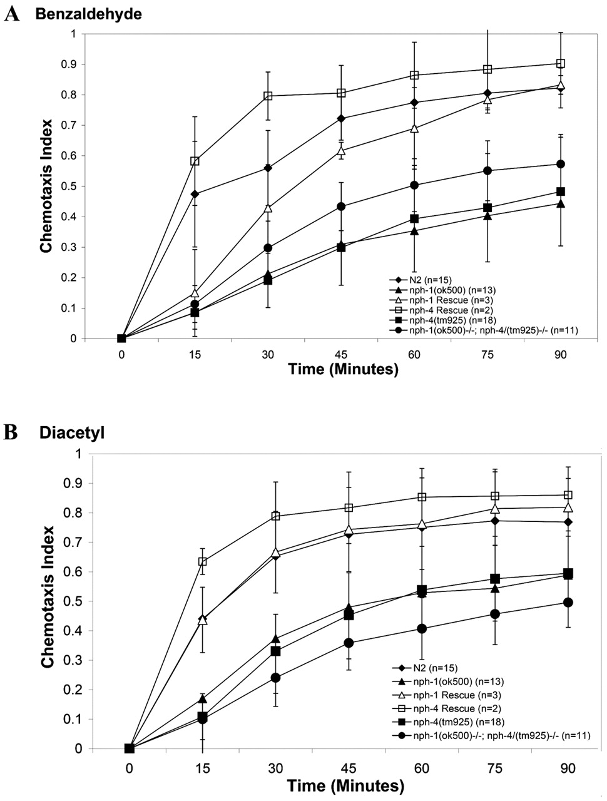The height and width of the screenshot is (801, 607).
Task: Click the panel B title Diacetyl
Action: pos(71,432)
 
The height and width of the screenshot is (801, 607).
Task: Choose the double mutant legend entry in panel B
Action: pos(492,735)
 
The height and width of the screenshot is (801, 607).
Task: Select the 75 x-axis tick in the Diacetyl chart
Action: pos(495,766)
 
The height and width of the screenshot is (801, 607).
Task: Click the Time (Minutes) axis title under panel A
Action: pos(343,370)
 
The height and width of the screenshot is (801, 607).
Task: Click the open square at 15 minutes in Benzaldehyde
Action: pos(195,161)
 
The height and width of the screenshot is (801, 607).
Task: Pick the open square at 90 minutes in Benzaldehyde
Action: pos(561,63)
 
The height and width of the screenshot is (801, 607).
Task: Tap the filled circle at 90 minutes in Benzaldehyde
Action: pos(561,164)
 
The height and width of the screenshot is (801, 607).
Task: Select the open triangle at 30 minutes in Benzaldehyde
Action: pos(268,207)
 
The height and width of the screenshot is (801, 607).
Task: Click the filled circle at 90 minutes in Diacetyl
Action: pos(568,602)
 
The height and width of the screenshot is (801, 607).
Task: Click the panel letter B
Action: pos(11,432)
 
